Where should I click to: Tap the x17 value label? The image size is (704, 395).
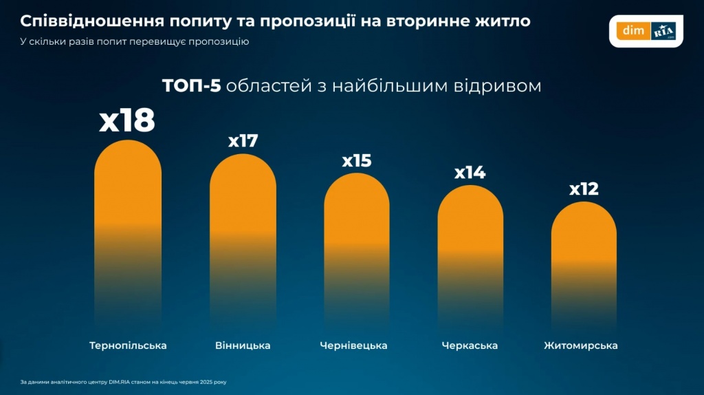point(243,141)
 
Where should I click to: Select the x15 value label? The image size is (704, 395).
point(356,161)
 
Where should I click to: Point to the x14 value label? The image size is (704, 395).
point(470,173)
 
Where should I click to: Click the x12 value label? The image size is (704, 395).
point(584,189)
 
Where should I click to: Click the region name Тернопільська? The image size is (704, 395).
point(128,345)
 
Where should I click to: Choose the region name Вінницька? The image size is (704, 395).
point(243,345)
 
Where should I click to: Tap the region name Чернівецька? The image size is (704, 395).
point(353,345)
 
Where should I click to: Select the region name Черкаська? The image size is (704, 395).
point(470,345)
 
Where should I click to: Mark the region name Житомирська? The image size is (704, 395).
point(580,345)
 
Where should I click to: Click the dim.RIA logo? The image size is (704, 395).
point(646,31)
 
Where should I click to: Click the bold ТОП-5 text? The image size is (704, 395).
point(191,86)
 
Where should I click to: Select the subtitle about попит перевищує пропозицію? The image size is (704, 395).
point(134,41)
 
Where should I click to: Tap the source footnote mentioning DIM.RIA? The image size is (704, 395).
point(123,381)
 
